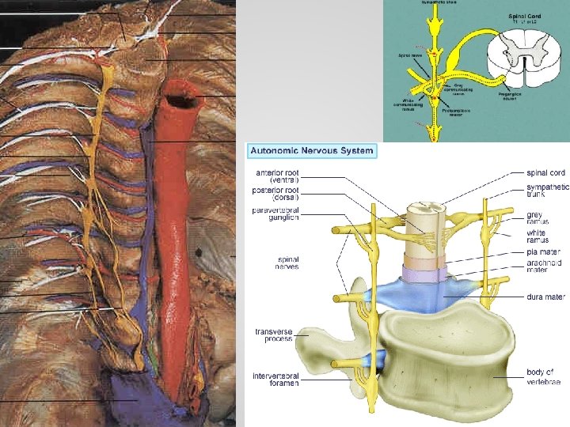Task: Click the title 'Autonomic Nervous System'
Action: [311, 150]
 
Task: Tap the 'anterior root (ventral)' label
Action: [277, 176]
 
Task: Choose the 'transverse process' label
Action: [273, 335]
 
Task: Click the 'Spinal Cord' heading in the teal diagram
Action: [526, 15]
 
